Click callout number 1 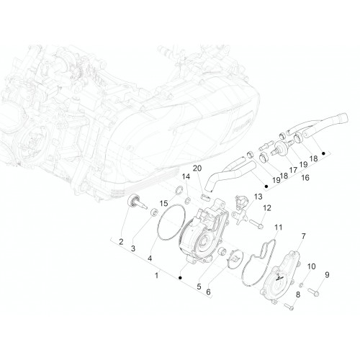(157, 275)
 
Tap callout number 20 (197, 168)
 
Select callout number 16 (305, 178)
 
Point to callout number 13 (258, 197)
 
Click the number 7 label (304, 236)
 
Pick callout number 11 (279, 227)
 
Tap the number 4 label (150, 258)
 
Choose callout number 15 (163, 204)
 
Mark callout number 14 (186, 176)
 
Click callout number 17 (293, 170)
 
